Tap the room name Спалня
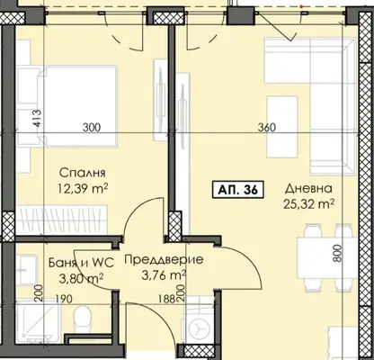(x=82, y=173)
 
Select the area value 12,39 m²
(x=83, y=189)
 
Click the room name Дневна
(x=308, y=189)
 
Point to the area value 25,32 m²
(x=308, y=204)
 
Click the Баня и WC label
(x=81, y=263)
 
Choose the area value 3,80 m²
(x=81, y=277)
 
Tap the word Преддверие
(x=164, y=260)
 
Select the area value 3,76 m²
(x=164, y=274)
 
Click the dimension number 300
(x=92, y=128)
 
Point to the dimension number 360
(x=266, y=128)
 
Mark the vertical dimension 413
(x=37, y=119)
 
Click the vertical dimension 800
(x=337, y=254)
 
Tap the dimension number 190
(x=64, y=299)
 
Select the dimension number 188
(x=167, y=299)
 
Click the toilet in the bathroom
(x=82, y=319)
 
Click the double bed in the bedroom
(x=77, y=106)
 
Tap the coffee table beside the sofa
(x=282, y=127)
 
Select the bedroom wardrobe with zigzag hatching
(x=62, y=220)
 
